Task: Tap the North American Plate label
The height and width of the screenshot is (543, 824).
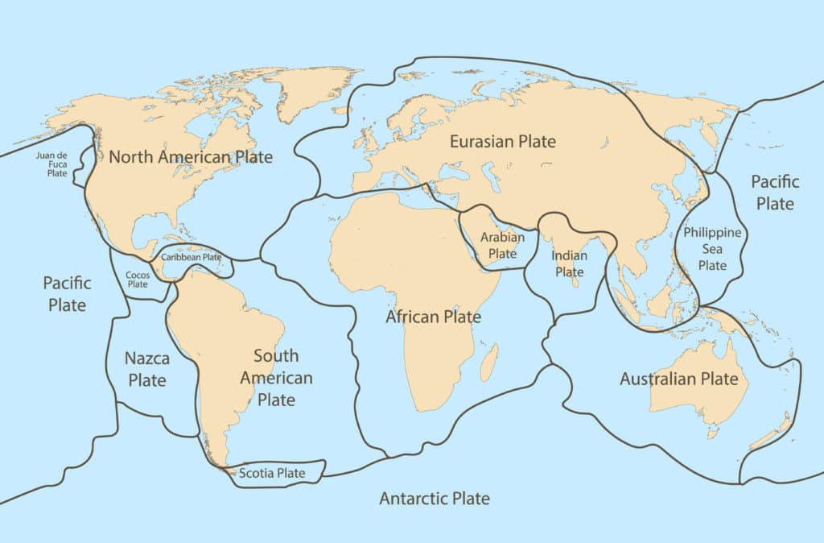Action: [191, 157]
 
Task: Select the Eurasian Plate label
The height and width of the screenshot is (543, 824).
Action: [502, 142]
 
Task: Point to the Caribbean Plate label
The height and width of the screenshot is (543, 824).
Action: [191, 257]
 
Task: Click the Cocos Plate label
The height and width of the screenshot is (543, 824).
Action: [138, 279]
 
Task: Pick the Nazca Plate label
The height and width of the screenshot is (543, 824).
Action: [146, 369]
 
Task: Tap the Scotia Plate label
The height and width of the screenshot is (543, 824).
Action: [272, 473]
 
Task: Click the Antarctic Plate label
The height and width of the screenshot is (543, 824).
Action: [434, 498]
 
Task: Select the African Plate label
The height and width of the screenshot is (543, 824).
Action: [433, 317]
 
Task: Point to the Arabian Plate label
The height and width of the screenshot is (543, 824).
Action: [503, 245]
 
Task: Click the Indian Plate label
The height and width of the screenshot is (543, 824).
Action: [569, 263]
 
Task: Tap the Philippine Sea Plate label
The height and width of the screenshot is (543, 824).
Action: [712, 248]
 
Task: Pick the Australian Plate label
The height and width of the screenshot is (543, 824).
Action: [678, 379]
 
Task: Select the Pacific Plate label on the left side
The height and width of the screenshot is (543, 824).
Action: [67, 294]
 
